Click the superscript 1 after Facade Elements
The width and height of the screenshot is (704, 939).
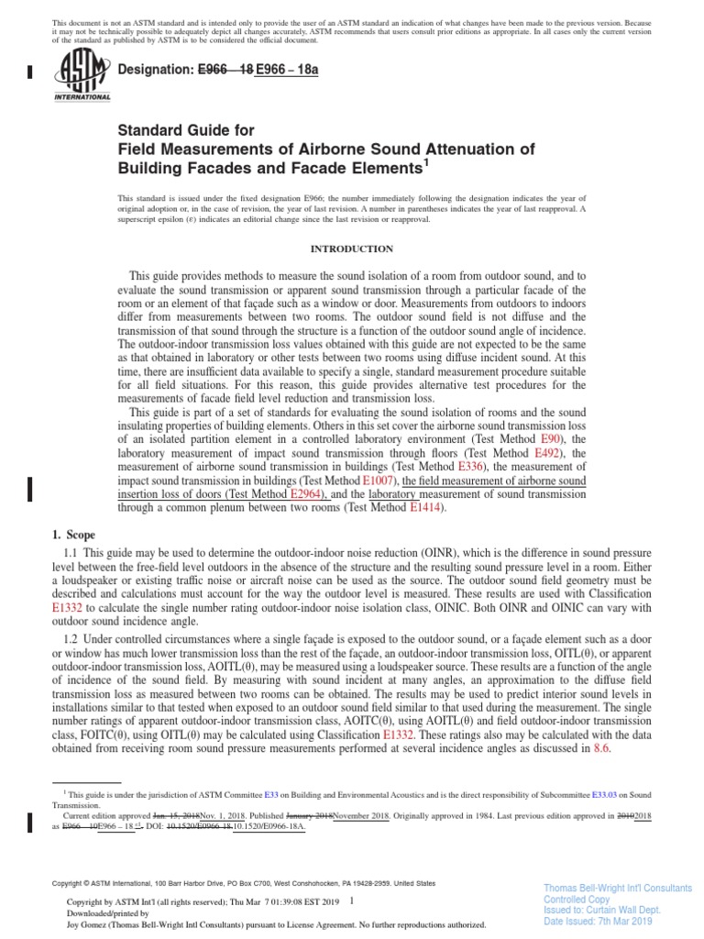click(x=424, y=163)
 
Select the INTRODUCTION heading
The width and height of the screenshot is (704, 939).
click(x=352, y=249)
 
